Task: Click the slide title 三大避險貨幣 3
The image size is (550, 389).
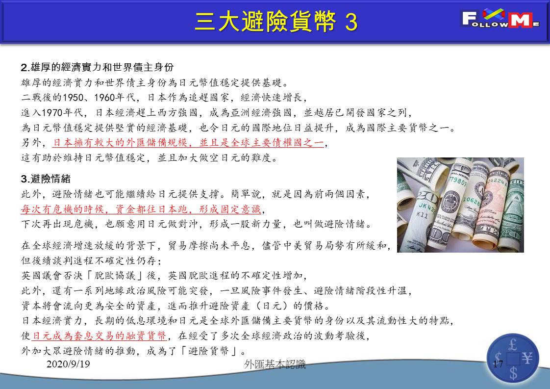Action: (276, 22)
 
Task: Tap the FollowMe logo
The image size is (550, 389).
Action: (500, 19)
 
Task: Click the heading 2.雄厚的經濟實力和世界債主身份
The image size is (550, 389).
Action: (97, 67)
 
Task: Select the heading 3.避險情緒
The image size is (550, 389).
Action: (46, 179)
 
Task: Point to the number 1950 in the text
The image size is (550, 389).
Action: (73, 98)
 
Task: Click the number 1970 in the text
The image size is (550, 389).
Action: (52, 113)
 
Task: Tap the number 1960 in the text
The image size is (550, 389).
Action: (104, 98)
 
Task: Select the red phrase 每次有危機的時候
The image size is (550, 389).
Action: (62, 209)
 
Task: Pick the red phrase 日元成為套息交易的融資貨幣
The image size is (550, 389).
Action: (99, 336)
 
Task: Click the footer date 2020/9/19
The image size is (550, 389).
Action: (68, 363)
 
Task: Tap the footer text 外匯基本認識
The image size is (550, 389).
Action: (275, 364)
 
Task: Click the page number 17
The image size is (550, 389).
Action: (498, 363)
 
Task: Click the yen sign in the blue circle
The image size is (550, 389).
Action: (527, 359)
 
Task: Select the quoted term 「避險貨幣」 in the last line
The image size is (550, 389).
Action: (208, 351)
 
